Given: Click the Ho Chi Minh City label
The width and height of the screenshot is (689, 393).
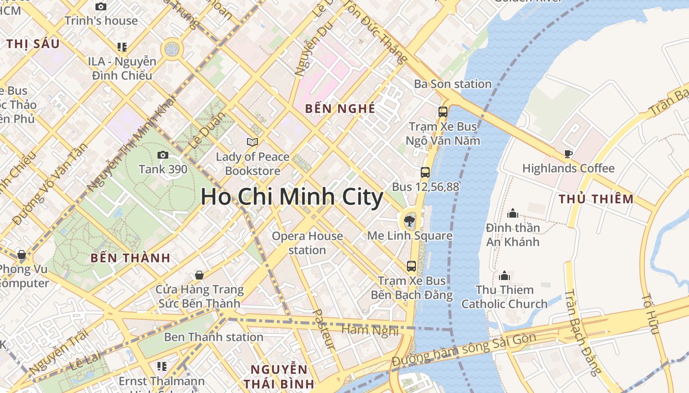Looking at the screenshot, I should (x=291, y=197).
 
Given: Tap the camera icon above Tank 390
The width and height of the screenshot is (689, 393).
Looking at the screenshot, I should (x=163, y=155).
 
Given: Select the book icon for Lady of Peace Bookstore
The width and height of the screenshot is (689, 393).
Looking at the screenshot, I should (x=252, y=142).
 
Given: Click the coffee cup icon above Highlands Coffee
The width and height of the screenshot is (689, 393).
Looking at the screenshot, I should (x=568, y=154).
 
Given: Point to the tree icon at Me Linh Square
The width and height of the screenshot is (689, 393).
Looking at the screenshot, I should (x=409, y=221).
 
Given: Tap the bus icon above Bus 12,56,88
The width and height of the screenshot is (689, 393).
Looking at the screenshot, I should (x=425, y=172).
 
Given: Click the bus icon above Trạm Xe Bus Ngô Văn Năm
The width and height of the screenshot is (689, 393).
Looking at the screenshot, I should (x=442, y=112).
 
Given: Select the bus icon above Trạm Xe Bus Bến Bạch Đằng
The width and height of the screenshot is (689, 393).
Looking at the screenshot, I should (x=411, y=266).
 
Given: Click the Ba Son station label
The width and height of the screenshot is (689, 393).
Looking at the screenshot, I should (x=453, y=84).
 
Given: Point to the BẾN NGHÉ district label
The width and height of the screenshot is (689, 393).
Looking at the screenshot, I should (x=340, y=109).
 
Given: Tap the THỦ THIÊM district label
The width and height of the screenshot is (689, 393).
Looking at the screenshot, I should (x=596, y=199).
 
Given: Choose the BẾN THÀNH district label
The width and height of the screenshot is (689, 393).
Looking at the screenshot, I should (x=130, y=258).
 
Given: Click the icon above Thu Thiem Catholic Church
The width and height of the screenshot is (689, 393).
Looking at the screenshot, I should (x=504, y=275).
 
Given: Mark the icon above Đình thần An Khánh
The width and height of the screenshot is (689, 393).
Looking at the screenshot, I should (x=513, y=213).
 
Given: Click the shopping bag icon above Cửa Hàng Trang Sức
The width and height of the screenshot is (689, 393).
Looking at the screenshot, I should (x=199, y=275).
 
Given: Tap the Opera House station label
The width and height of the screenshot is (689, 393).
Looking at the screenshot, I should (x=308, y=243).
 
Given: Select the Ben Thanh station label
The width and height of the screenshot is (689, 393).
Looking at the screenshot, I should (x=214, y=337).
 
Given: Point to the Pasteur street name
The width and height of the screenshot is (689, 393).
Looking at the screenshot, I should (x=324, y=330).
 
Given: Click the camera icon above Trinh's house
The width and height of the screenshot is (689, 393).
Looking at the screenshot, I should (x=101, y=6).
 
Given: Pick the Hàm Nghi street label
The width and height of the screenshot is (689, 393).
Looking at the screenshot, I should (x=370, y=330).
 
